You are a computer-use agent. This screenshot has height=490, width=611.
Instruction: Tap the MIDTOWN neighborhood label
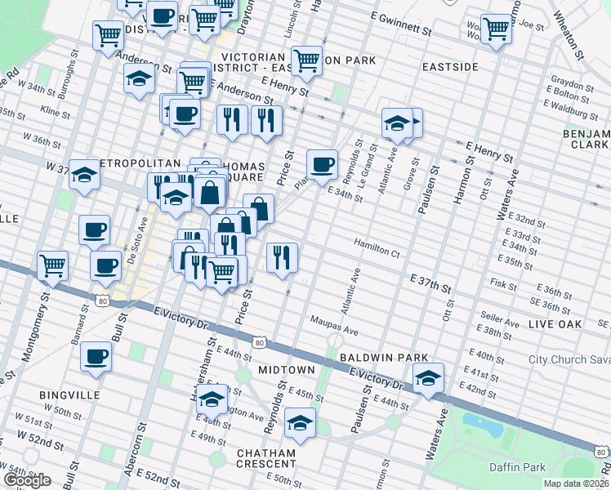[286, 370]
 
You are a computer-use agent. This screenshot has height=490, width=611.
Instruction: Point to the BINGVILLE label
[69, 394]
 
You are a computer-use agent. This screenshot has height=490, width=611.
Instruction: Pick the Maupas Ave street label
[333, 326]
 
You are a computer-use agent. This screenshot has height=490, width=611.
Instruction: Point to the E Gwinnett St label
[396, 25]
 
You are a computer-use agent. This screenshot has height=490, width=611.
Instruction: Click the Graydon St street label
[572, 85]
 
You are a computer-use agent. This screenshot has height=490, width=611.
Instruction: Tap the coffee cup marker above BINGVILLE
[96, 356]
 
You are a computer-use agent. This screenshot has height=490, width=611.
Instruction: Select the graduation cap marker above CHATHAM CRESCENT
[300, 423]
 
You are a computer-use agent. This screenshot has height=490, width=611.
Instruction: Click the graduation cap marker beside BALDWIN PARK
[427, 376]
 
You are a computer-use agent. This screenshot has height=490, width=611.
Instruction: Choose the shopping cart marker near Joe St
[496, 29]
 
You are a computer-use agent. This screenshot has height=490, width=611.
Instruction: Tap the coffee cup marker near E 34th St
[322, 164]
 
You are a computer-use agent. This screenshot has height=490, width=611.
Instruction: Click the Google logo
[27, 480]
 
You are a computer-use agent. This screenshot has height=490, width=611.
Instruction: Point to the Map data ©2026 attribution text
[575, 483]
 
